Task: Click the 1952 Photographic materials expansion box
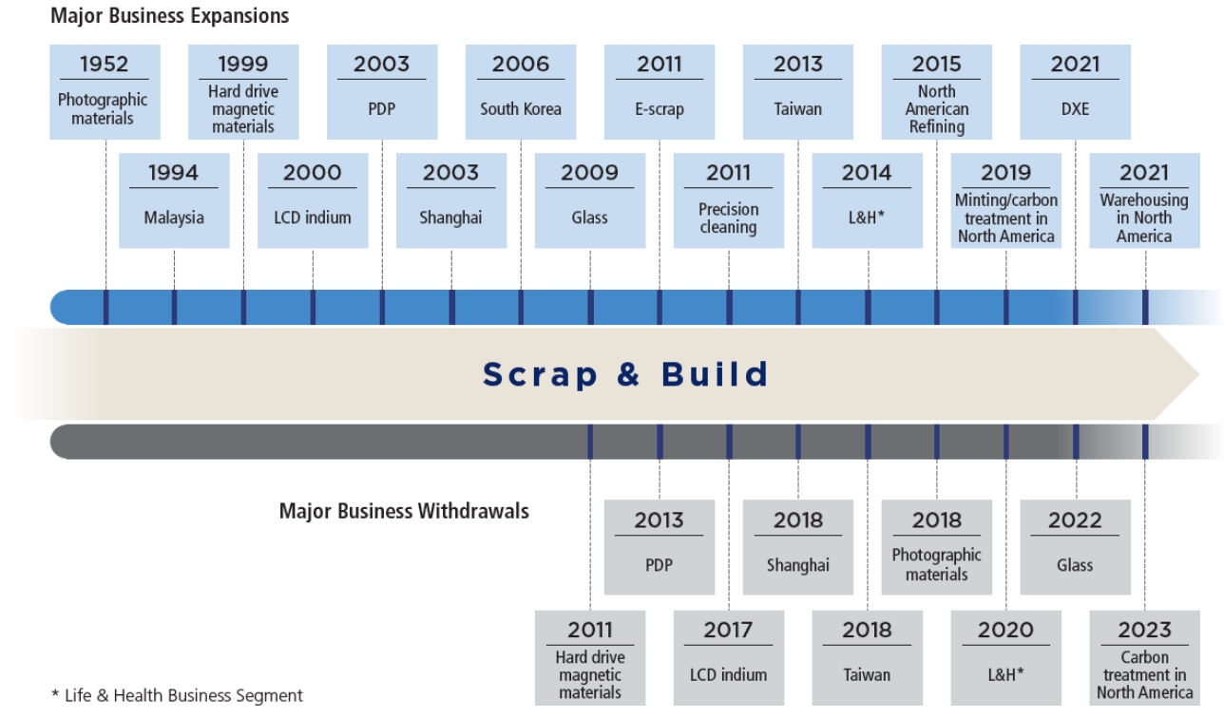point(105,92)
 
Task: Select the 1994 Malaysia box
point(174,200)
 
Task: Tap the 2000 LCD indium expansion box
point(313,200)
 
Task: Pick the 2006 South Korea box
point(521,92)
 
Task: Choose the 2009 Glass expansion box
point(590,200)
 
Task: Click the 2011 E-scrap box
point(660,92)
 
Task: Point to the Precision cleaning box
point(729,200)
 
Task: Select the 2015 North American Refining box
point(937,92)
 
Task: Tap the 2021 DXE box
point(1076,92)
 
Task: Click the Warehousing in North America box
point(1145,200)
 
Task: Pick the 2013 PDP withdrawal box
point(660,547)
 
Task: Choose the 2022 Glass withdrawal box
point(1076,547)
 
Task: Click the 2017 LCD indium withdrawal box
point(729,658)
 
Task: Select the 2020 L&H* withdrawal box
point(1006,658)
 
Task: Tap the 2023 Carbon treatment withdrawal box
point(1145,658)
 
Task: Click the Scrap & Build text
point(626,374)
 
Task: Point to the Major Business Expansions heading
point(169,16)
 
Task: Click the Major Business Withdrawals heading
point(404,512)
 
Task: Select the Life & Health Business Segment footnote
point(177,695)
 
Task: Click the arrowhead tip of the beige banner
point(1199,374)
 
